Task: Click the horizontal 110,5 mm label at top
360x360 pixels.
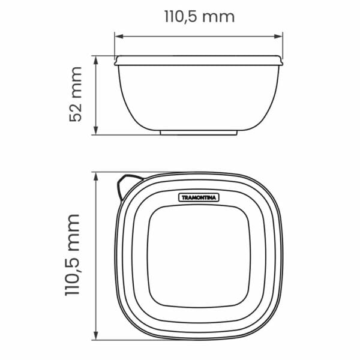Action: (x=199, y=16)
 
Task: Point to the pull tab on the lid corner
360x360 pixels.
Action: (x=127, y=182)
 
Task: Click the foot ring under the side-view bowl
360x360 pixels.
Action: (x=199, y=132)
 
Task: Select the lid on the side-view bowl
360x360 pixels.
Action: (x=199, y=59)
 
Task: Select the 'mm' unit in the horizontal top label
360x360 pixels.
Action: (x=218, y=16)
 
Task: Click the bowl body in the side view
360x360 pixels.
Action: (x=199, y=96)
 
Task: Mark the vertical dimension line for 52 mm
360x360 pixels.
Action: (x=96, y=95)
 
